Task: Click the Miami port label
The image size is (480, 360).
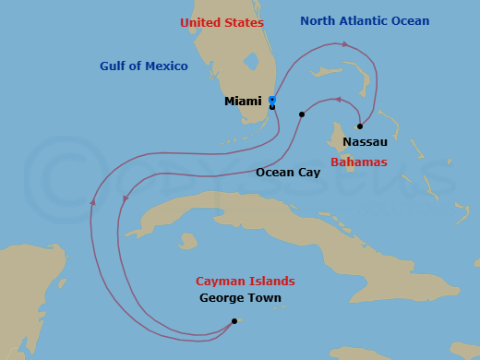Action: pos(243,102)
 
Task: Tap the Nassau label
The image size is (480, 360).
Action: pos(365,142)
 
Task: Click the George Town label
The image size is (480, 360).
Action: pos(240,298)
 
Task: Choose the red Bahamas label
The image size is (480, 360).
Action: pos(358,162)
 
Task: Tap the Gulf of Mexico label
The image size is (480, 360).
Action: pos(144,66)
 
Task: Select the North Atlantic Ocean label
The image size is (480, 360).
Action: pos(365,21)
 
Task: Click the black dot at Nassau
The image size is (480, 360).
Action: pos(360,126)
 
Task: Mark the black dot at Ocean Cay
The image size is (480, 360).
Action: pos(302,114)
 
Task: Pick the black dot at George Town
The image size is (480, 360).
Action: pos(234,321)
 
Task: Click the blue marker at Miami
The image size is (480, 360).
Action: pos(271,100)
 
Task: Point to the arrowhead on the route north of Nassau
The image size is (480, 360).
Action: pos(346,43)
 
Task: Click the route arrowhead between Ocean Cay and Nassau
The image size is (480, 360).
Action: pos(338,100)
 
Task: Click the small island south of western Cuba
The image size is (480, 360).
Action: pos(188,241)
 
